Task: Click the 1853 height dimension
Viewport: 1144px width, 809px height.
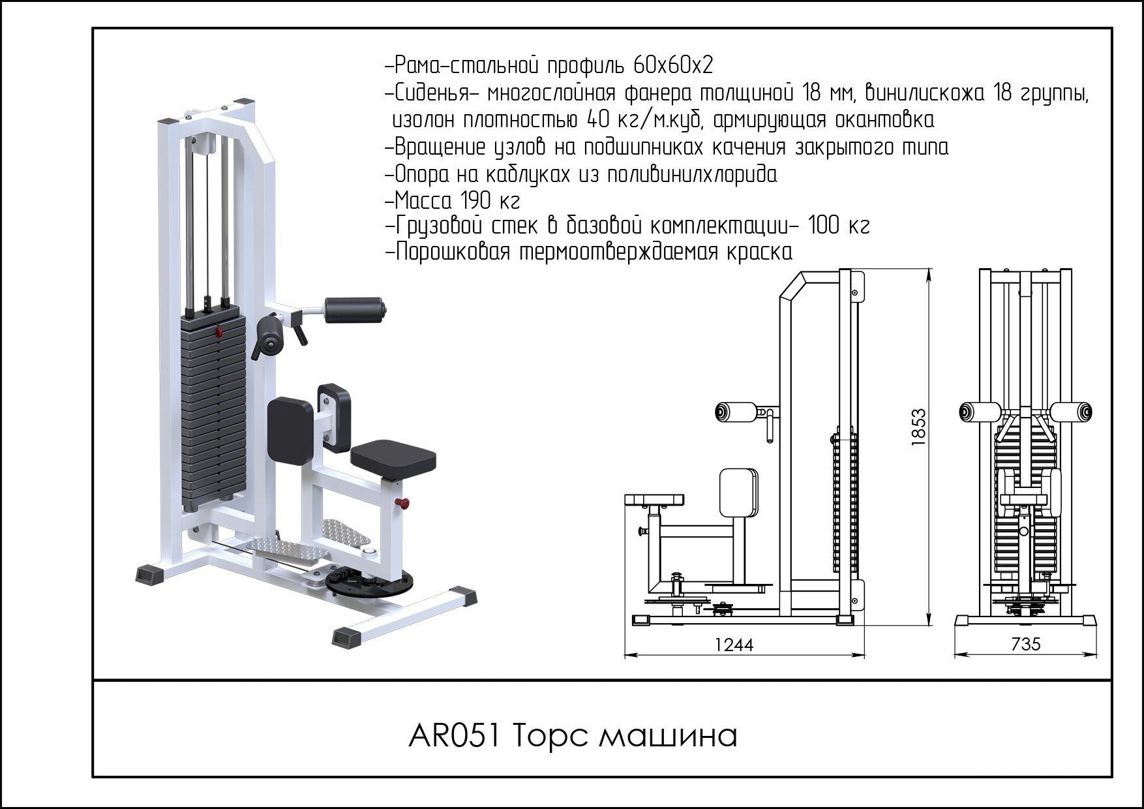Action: click(918, 427)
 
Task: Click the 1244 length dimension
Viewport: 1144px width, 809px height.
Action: click(734, 645)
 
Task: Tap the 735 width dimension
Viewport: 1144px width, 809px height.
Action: click(1025, 645)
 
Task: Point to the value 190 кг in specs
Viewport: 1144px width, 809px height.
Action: click(490, 200)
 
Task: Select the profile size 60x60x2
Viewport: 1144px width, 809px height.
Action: click(672, 66)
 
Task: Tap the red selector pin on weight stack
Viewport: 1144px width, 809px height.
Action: click(218, 333)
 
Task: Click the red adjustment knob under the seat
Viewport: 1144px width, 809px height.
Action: click(404, 503)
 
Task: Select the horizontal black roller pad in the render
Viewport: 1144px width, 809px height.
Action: click(354, 310)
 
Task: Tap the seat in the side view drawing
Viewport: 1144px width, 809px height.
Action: click(654, 500)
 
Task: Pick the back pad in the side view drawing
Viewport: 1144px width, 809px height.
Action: click(738, 491)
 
